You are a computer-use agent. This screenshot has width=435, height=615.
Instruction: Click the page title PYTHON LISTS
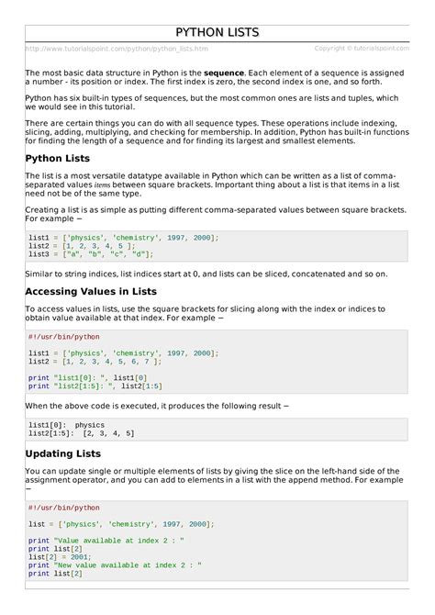click(x=217, y=33)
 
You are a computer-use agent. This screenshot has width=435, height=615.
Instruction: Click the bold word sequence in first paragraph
click(x=223, y=72)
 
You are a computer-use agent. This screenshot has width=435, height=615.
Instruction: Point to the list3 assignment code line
click(x=91, y=254)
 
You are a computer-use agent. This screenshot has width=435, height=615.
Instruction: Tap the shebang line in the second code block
click(x=63, y=337)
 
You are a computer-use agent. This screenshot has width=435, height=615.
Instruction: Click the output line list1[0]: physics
click(x=66, y=425)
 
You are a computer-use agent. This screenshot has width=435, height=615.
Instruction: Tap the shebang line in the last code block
click(x=63, y=508)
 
